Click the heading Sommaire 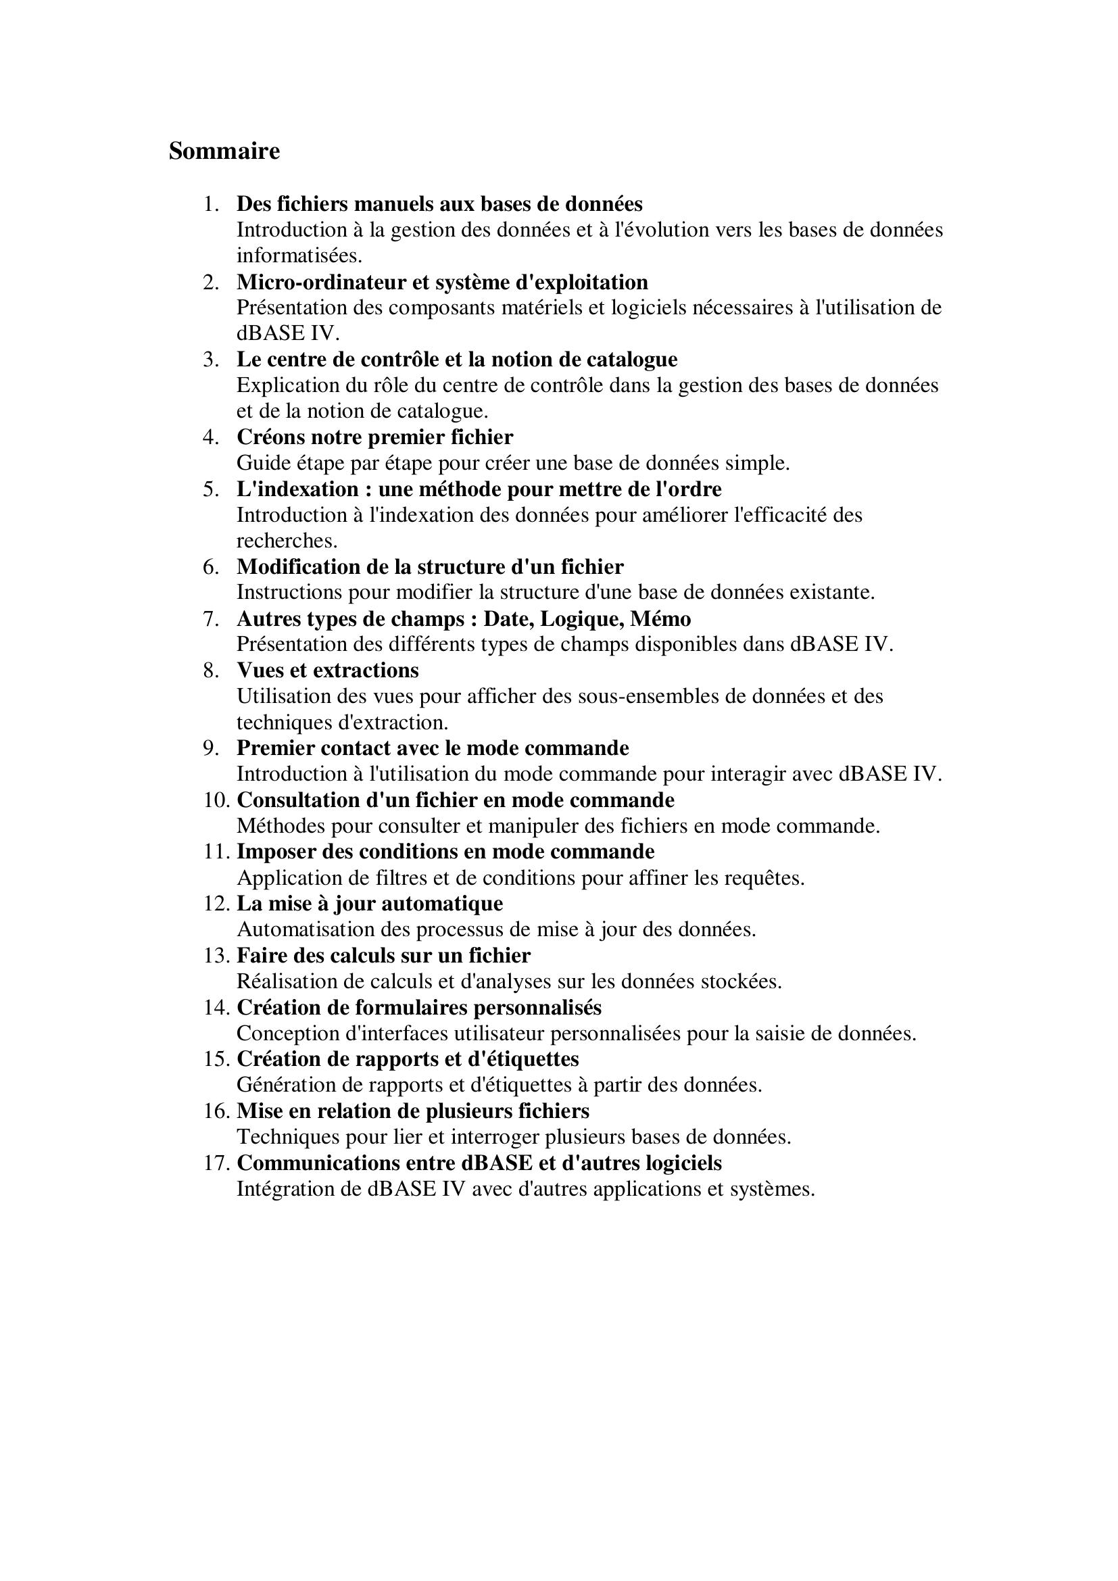[x=224, y=151]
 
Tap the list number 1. [x=210, y=204]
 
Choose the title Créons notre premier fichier [x=374, y=437]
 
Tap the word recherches [x=287, y=541]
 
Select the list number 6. [x=210, y=566]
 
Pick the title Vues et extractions [x=327, y=670]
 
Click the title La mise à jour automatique [x=370, y=903]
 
